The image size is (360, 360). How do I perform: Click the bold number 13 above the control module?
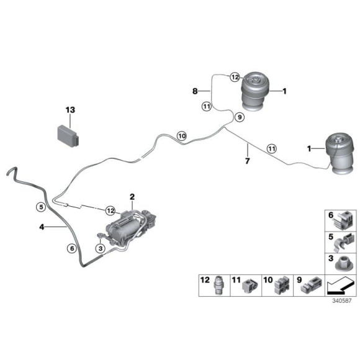(x=70, y=110)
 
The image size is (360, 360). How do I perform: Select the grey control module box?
(x=68, y=136)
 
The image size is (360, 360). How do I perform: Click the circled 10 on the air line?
(x=182, y=136)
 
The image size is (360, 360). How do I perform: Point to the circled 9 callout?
(x=240, y=117)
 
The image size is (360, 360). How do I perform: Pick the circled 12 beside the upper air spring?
(x=235, y=77)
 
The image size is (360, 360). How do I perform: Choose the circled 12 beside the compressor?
(x=110, y=210)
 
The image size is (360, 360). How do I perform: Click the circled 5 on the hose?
(x=41, y=207)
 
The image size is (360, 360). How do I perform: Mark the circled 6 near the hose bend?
(x=72, y=248)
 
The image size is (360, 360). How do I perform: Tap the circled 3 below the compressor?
(x=101, y=248)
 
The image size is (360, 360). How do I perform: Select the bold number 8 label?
(x=195, y=91)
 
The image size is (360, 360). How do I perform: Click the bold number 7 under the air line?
(x=247, y=161)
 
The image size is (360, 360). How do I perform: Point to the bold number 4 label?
(x=42, y=227)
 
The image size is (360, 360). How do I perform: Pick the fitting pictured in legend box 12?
(x=218, y=286)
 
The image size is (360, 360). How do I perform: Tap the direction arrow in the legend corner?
(x=340, y=286)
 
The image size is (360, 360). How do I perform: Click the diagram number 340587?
(x=342, y=301)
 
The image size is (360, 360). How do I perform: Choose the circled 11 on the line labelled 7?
(x=272, y=149)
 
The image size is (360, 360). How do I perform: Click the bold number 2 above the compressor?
(x=132, y=197)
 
